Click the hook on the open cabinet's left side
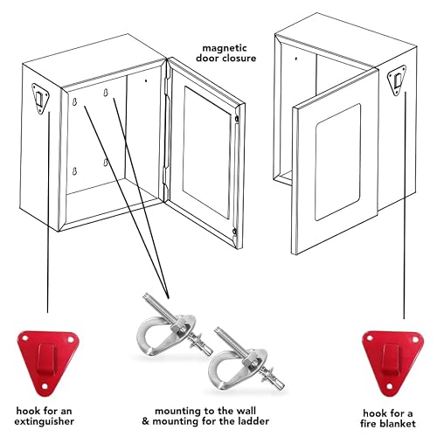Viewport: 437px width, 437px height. pyautogui.click(x=40, y=94)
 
